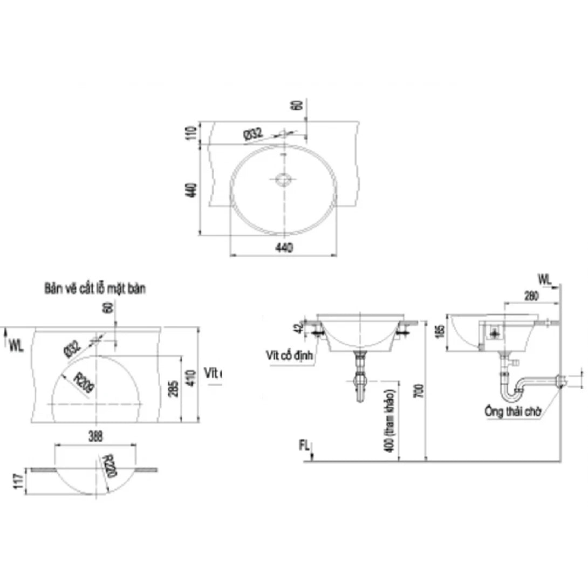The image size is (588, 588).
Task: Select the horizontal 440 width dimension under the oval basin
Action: pyautogui.click(x=284, y=248)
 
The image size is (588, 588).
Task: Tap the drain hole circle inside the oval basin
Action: pyautogui.click(x=282, y=179)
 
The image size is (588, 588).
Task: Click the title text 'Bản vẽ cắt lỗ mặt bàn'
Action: pyautogui.click(x=95, y=289)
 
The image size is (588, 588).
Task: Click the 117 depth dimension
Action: pyautogui.click(x=19, y=481)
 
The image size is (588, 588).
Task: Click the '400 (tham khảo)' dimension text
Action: pyautogui.click(x=392, y=421)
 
